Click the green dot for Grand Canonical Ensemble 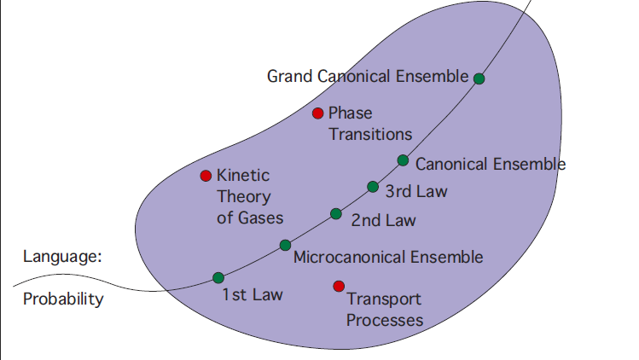coord(479,78)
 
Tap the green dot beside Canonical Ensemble coord(403,160)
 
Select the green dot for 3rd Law coord(373,187)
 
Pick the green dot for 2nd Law coord(336,214)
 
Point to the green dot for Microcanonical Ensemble coord(285,246)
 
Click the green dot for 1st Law coord(218,277)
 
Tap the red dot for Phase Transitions coord(317,113)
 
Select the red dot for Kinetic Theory coord(205,176)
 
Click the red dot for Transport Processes coord(339,286)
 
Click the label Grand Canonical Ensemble coord(368,77)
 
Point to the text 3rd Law coord(416,191)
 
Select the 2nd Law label coord(383,220)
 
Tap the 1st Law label coord(252,295)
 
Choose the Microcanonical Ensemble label coord(387,257)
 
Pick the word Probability coord(62,299)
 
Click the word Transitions coord(370,134)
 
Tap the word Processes coord(385,321)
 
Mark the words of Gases coord(249,218)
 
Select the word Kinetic coord(242,176)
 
